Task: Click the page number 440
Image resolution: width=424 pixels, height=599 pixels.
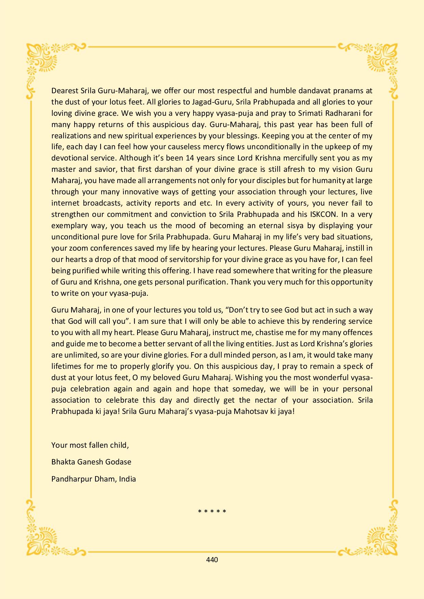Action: [x=212, y=560]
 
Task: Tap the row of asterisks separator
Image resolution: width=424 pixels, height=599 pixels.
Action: [x=212, y=512]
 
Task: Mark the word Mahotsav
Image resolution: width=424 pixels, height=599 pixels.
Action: [x=251, y=411]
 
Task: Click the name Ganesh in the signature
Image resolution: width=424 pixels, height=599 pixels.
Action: [x=90, y=462]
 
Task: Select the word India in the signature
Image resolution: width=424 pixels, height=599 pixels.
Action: [x=127, y=479]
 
